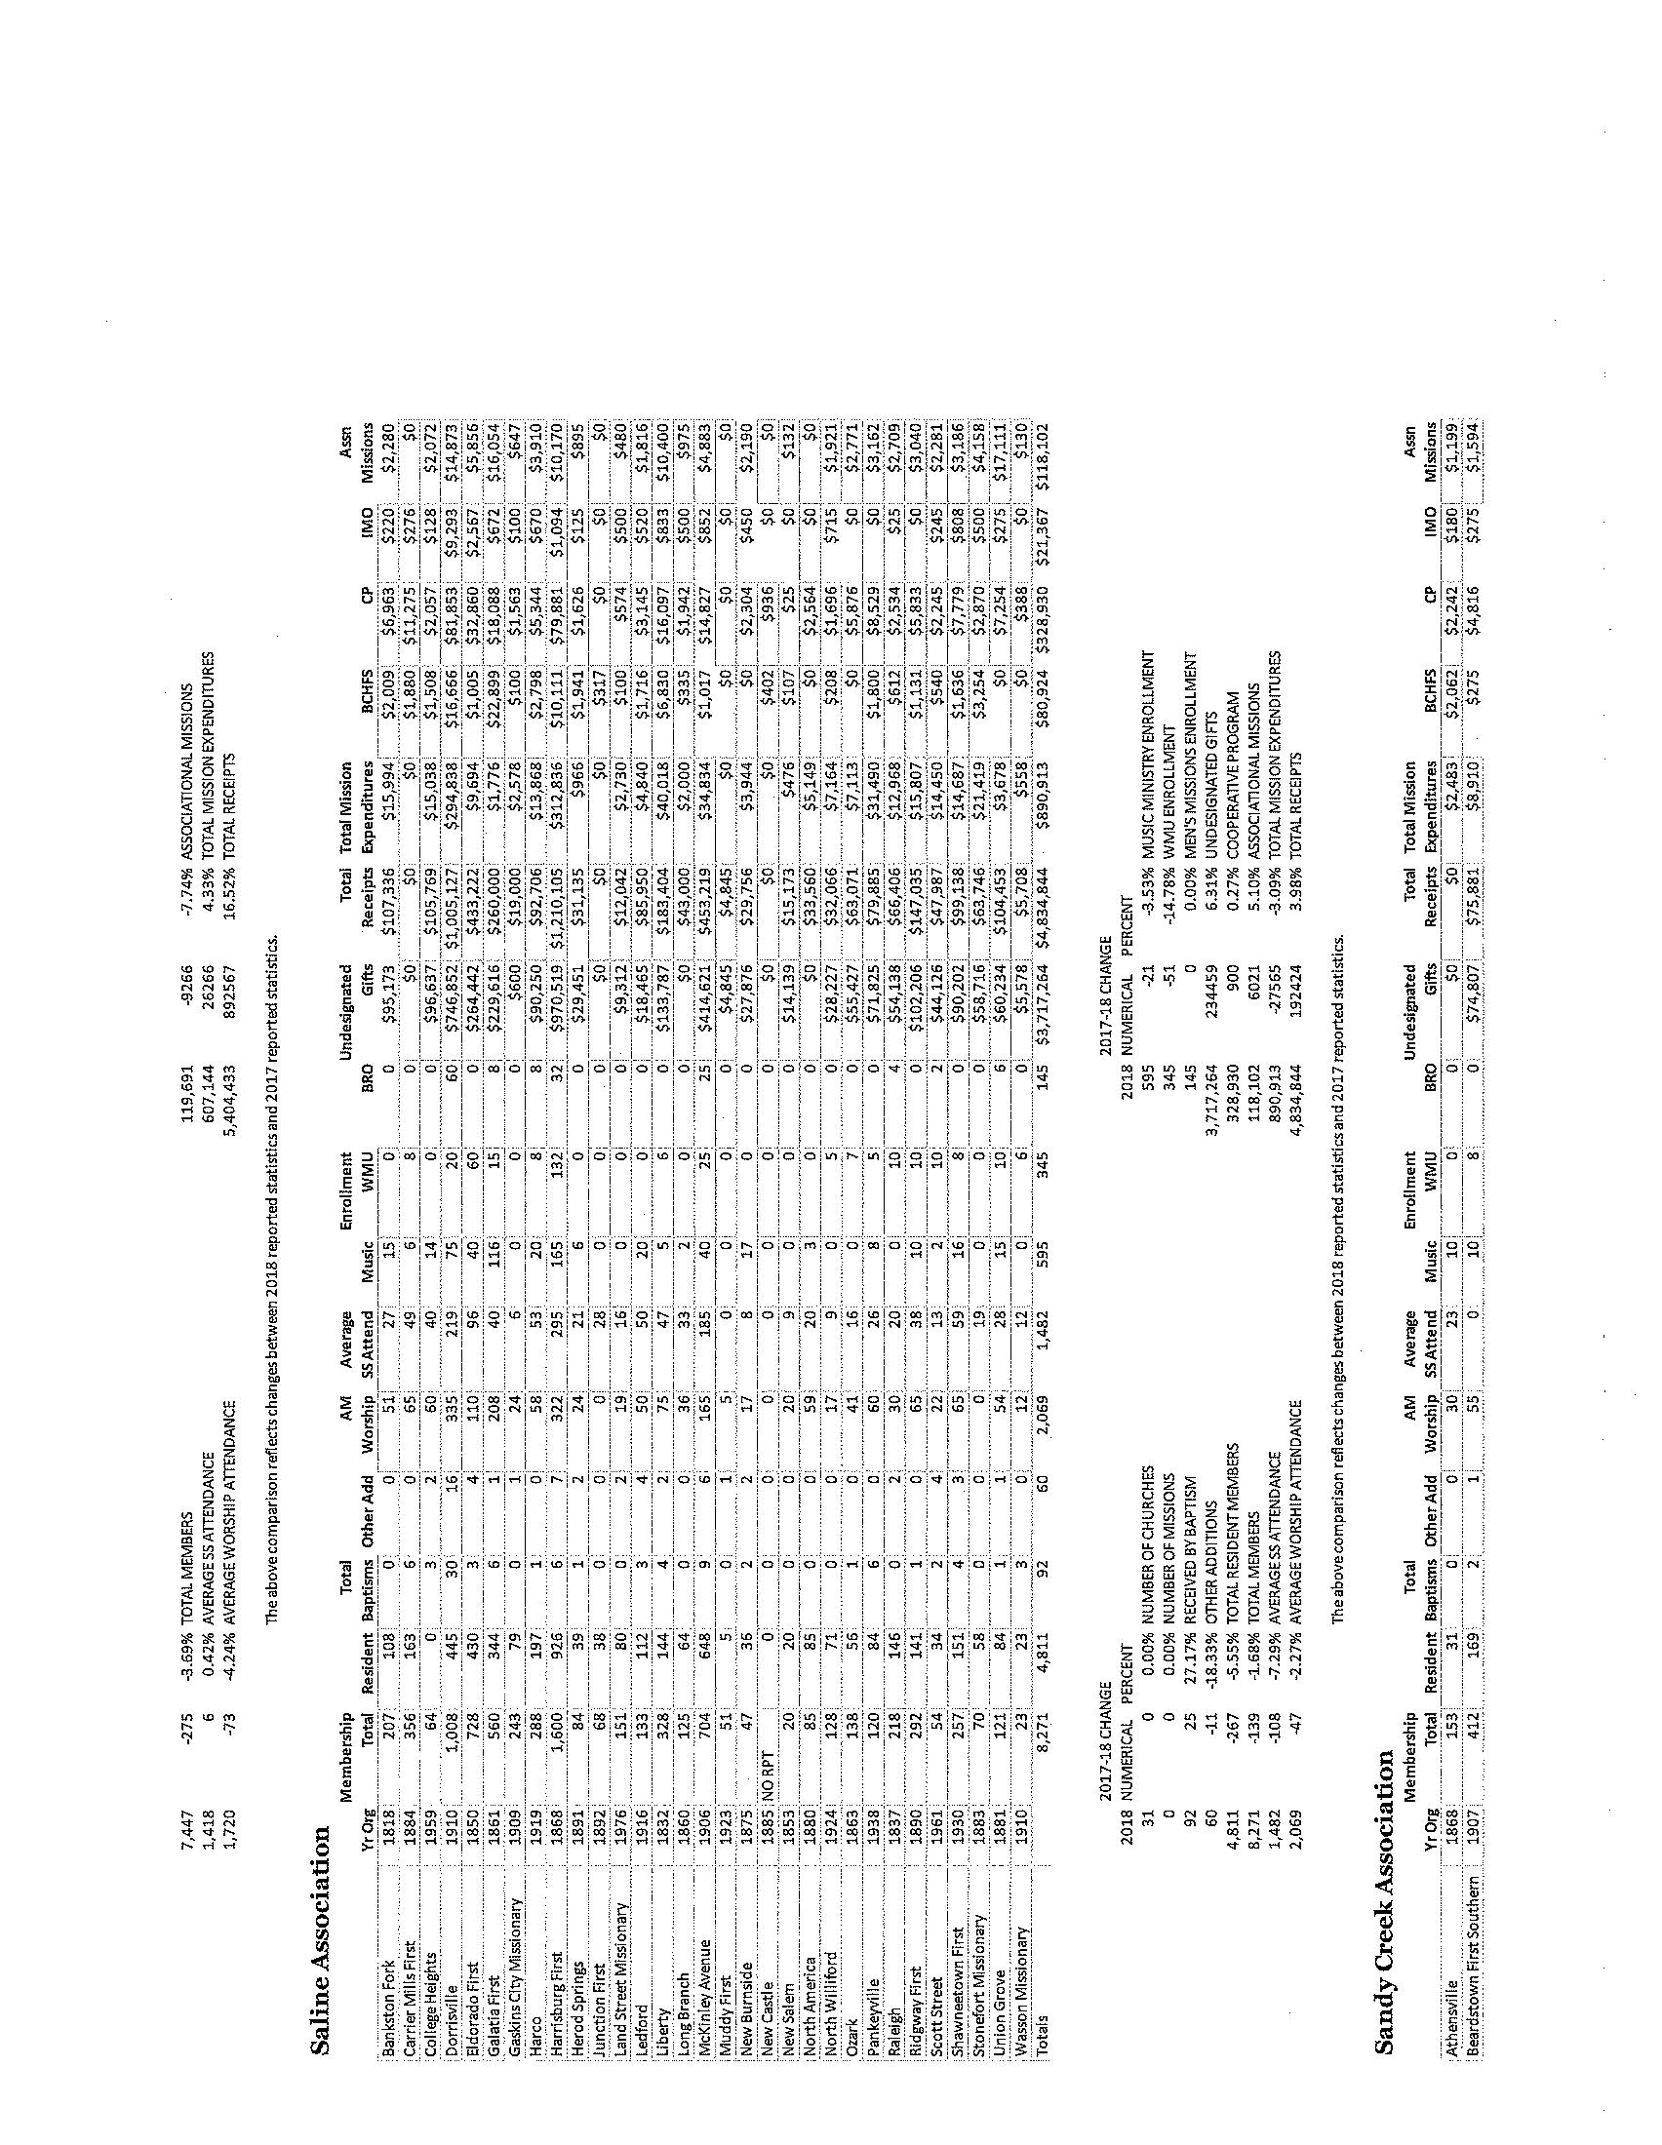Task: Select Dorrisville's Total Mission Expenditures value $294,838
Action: pos(452,778)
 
